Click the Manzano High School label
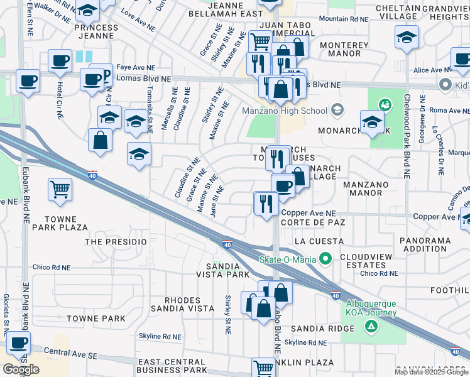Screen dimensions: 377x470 (x=285, y=111)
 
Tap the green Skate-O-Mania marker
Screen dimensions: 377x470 (x=325, y=258)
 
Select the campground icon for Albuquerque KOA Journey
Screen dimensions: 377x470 (x=371, y=325)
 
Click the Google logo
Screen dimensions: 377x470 (x=21, y=369)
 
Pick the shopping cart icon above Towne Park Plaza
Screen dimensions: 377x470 (x=60, y=188)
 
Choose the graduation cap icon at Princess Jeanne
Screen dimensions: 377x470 (x=89, y=11)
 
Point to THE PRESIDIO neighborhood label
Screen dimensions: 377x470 (x=116, y=241)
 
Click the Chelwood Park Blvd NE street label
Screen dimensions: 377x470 (x=407, y=135)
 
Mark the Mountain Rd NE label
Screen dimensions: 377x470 (x=343, y=19)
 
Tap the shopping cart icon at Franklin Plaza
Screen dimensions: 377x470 (x=263, y=368)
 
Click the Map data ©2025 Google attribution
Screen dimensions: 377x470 (x=431, y=372)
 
